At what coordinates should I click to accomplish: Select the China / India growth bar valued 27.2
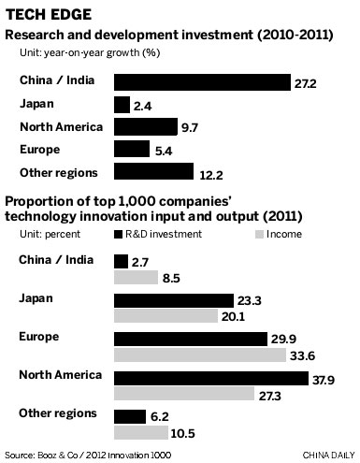201,81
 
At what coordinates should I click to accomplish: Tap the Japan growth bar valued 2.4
121,104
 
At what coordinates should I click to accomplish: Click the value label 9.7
190,127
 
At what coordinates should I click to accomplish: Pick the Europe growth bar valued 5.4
131,149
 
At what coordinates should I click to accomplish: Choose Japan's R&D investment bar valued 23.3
173,301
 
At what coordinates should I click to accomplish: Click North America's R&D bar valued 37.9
210,378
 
